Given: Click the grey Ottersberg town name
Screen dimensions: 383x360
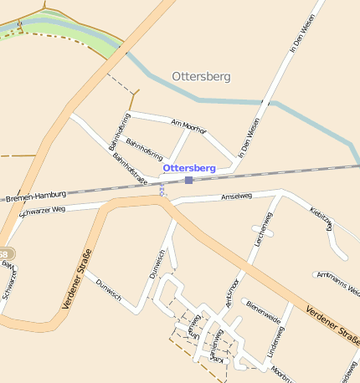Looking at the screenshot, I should (201, 77).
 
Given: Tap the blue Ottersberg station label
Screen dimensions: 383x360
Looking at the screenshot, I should (189, 168).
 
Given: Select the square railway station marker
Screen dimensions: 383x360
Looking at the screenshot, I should (189, 180).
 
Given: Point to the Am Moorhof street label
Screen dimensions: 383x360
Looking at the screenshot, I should (188, 125).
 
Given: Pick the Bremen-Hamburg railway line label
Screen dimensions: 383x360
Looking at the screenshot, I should (36, 198).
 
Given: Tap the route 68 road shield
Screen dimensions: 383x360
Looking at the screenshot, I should (5, 253).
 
